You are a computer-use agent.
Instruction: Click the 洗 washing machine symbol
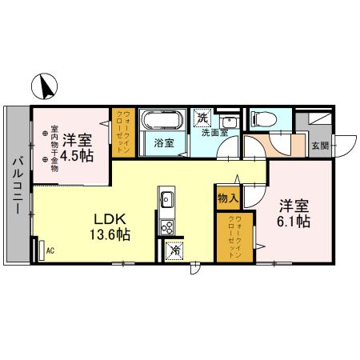click(x=203, y=118)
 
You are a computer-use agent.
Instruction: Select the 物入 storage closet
click(x=226, y=197)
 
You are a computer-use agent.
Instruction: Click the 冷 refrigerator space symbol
click(x=174, y=250)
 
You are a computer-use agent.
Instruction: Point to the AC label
click(x=50, y=251)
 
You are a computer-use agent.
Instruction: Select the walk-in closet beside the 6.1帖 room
click(x=234, y=235)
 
